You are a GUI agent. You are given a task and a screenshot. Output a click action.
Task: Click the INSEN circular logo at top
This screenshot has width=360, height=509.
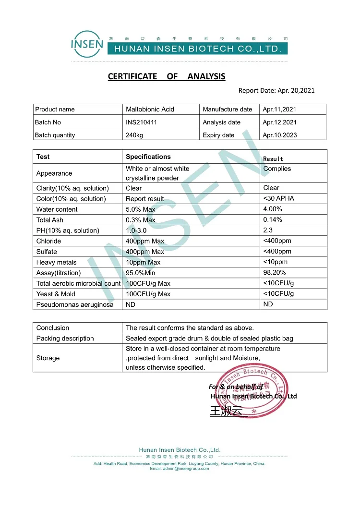(87, 45)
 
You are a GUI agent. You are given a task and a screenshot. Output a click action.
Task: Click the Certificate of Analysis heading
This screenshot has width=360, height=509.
(166, 76)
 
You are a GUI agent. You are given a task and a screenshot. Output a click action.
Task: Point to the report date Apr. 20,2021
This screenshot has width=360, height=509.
(276, 90)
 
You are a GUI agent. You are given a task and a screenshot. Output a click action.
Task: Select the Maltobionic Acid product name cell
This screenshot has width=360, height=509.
(150, 109)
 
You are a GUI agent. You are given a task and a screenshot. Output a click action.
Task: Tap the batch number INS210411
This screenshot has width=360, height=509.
(141, 122)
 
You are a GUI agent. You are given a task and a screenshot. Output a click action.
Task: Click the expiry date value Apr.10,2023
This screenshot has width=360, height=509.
(279, 135)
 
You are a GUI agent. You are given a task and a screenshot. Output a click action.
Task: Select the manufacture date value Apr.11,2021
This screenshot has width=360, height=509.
(279, 109)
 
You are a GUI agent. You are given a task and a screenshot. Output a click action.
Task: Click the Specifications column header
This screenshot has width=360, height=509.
(148, 157)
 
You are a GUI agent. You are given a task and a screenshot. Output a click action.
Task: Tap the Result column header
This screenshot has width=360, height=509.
(274, 158)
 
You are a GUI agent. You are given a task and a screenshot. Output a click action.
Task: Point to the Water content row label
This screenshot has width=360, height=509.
(57, 209)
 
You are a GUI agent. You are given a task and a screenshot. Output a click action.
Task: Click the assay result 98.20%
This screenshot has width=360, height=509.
(275, 272)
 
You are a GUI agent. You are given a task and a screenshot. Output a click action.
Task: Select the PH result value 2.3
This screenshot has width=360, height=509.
(268, 230)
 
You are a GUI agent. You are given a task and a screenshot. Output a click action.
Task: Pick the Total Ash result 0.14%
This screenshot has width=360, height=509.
(273, 219)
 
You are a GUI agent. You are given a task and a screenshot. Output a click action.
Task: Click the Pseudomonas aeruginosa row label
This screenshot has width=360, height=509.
(75, 304)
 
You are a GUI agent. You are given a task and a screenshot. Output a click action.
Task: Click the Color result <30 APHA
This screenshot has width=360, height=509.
(279, 198)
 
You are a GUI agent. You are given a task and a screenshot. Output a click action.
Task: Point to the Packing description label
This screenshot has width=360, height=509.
(65, 339)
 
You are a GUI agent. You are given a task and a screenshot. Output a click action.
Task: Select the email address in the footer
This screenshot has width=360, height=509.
(180, 469)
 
